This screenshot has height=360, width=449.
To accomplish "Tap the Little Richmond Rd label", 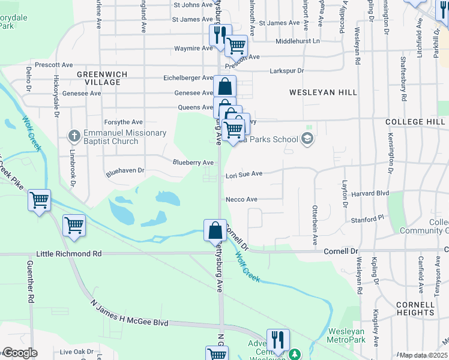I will [69, 254].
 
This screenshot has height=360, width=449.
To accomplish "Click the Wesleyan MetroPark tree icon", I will [294, 354].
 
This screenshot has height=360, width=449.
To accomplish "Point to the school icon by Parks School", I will [307, 140].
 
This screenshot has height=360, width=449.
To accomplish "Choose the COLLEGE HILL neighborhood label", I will [415, 122].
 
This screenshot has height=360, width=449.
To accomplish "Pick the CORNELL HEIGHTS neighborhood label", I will [415, 308].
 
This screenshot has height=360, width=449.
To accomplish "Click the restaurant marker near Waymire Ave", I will [220, 34].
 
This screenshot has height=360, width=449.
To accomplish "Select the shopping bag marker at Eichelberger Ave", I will [224, 86].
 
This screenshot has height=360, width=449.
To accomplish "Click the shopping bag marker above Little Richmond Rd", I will [215, 230].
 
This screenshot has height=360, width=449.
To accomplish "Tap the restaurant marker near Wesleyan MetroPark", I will [278, 339].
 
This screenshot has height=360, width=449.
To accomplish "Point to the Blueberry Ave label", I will [193, 163].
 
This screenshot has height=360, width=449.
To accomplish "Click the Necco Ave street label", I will [241, 199].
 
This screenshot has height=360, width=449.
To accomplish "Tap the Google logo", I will [19, 353].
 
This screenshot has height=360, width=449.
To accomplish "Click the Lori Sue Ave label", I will [244, 174].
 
